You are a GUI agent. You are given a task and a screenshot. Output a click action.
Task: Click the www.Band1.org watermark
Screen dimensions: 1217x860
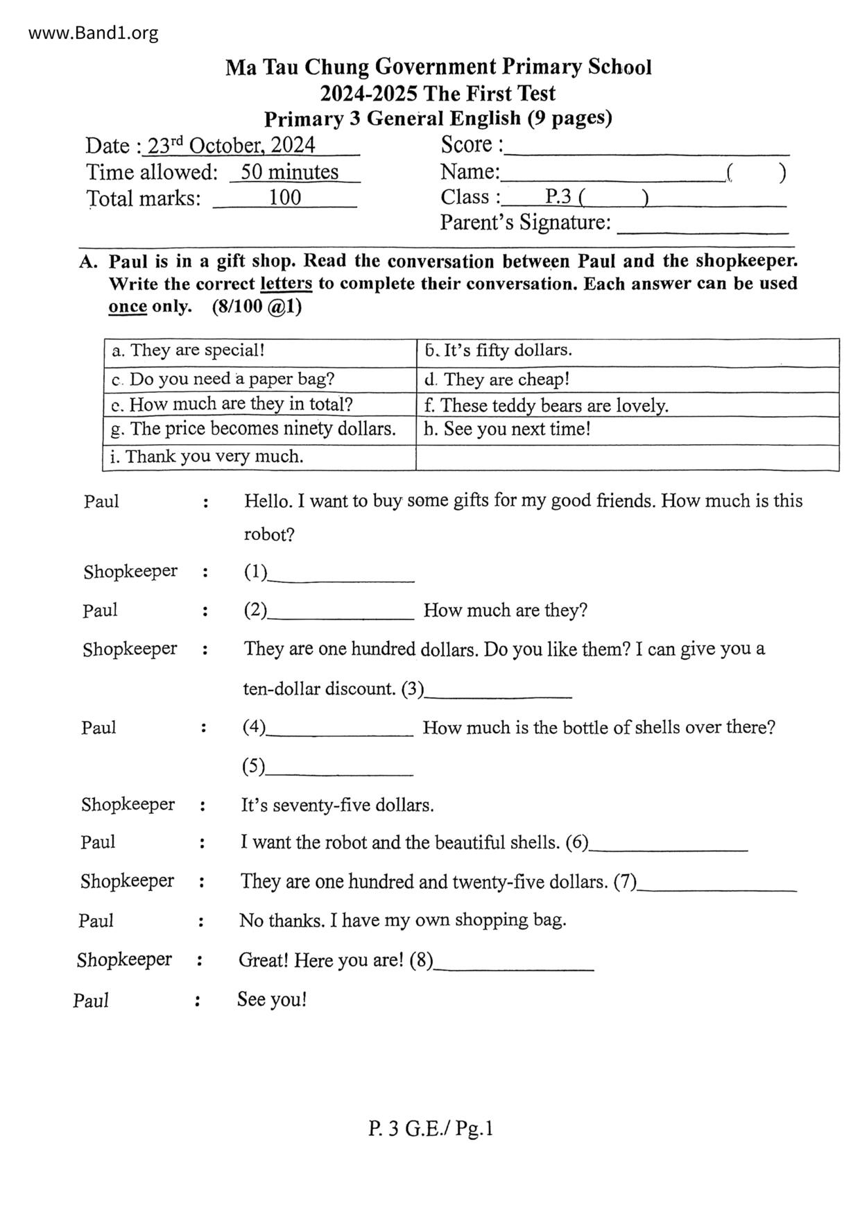(x=94, y=33)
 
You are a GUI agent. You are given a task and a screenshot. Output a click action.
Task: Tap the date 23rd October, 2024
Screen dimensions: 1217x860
(x=232, y=145)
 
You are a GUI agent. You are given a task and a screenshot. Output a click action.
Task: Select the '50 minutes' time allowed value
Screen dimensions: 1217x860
(x=289, y=171)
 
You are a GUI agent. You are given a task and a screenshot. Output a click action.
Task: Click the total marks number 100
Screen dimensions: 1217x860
(x=285, y=198)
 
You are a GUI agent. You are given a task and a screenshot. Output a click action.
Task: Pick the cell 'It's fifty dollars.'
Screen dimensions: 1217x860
(x=499, y=350)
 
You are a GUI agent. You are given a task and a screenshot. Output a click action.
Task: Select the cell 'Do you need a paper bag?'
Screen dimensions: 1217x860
(x=223, y=380)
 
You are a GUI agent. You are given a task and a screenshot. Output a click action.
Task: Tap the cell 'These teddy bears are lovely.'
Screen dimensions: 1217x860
(x=547, y=405)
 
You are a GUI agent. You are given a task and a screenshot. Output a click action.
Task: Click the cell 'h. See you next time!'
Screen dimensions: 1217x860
(x=508, y=429)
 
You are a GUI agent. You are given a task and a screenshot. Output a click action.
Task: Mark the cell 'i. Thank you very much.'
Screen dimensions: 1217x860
(x=207, y=457)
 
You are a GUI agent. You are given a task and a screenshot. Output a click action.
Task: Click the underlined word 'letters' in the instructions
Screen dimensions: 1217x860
(x=286, y=284)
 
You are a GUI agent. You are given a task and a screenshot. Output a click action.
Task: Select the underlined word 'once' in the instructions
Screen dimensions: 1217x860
(x=128, y=307)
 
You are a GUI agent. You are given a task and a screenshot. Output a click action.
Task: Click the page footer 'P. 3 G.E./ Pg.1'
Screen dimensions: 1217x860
(x=431, y=1129)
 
